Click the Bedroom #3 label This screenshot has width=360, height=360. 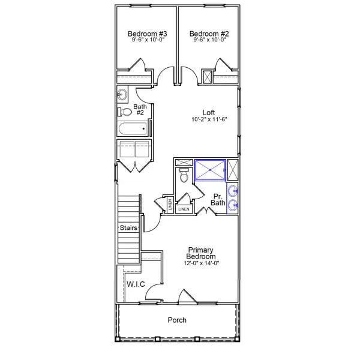click(x=148, y=34)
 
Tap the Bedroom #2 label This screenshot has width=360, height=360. click(x=209, y=34)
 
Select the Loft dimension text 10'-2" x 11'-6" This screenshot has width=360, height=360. click(x=209, y=119)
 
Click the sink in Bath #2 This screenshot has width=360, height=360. click(x=122, y=94)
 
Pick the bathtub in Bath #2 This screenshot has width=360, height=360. click(x=133, y=129)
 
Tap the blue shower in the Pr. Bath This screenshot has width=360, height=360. click(x=210, y=170)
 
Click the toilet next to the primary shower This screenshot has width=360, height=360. click(x=184, y=175)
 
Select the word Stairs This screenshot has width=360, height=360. click(x=128, y=228)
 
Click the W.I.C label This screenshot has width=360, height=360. click(x=136, y=284)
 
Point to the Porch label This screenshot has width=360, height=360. click(x=177, y=320)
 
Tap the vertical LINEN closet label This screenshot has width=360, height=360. click(x=170, y=205)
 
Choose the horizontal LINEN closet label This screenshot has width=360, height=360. click(x=184, y=209)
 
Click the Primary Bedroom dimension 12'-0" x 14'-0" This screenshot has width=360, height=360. click(x=202, y=263)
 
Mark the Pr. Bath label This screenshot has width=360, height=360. click(x=218, y=200)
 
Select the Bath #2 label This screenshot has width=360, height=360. click(x=140, y=110)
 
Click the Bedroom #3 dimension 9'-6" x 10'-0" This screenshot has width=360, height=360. click(x=148, y=40)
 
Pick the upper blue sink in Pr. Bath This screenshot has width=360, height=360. click(x=233, y=191)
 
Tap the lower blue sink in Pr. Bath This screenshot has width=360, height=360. click(x=233, y=205)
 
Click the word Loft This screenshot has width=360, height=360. click(x=209, y=113)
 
